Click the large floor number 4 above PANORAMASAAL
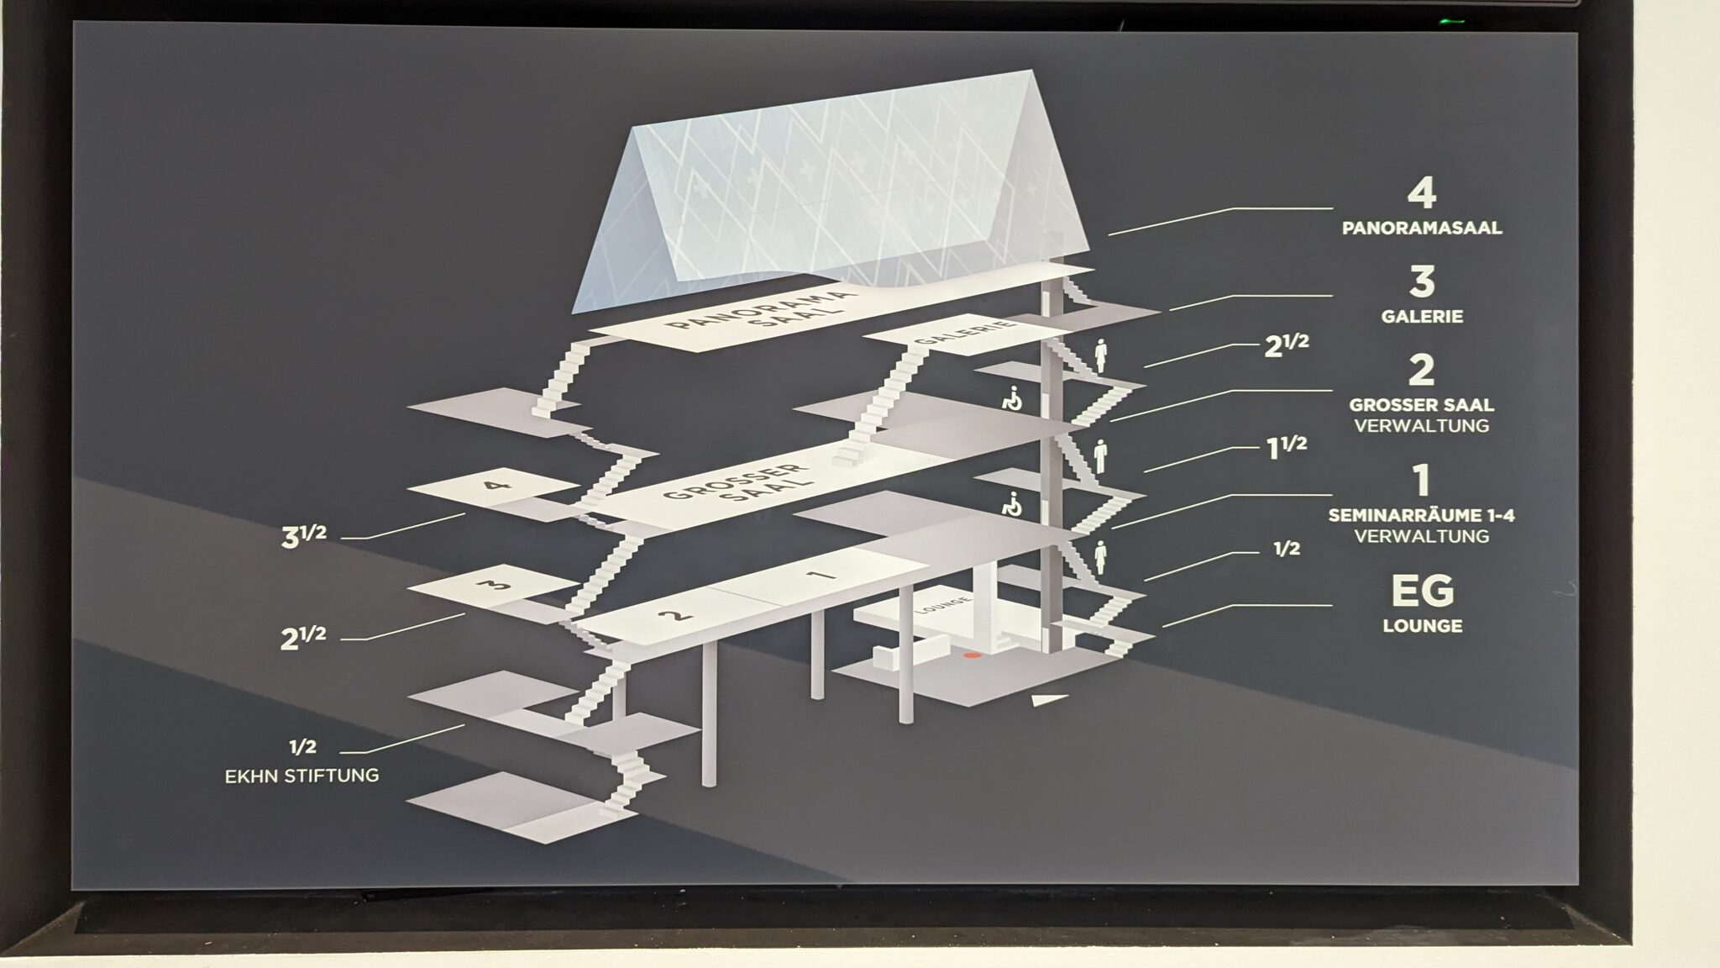[1421, 194]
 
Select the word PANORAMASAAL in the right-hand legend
[1422, 228]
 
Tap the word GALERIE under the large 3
[1422, 317]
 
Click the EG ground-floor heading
[1422, 591]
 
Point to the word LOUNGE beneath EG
[1422, 626]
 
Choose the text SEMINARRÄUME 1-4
[1422, 515]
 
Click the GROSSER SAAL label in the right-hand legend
[1422, 404]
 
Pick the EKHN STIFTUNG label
[302, 776]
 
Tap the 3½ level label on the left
[303, 536]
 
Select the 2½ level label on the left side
[303, 637]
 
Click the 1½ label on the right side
[1286, 446]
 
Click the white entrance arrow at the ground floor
[1050, 699]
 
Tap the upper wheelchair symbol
[1013, 397]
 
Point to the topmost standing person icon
[1101, 355]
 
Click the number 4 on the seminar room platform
[493, 485]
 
